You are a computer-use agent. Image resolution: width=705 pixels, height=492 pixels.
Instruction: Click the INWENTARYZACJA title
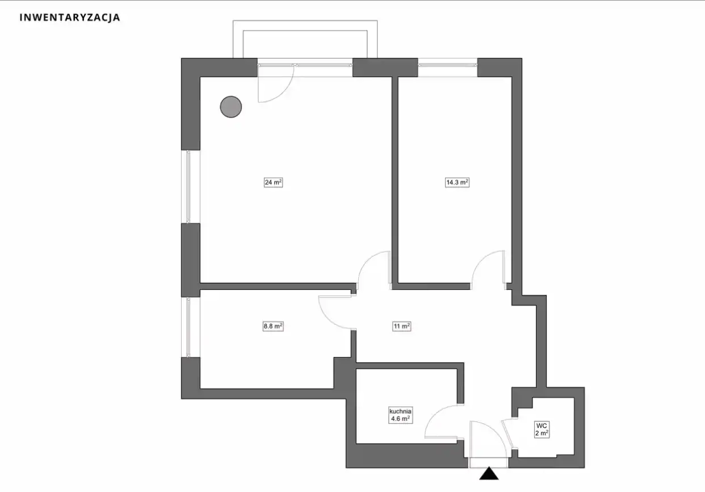click(70, 17)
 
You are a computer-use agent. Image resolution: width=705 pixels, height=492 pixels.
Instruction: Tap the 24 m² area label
click(273, 182)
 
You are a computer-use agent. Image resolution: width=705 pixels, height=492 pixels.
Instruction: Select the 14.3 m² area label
click(457, 182)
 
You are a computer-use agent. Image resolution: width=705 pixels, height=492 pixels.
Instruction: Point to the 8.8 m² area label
click(273, 326)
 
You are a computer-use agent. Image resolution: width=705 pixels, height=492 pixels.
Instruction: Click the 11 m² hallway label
click(401, 326)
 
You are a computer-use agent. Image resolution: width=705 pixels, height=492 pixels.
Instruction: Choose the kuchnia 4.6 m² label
click(400, 415)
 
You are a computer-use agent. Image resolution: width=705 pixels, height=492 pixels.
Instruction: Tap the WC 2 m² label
click(542, 430)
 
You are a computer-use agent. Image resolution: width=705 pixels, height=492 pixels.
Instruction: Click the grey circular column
click(231, 107)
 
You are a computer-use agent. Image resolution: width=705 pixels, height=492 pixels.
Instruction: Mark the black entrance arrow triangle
click(489, 473)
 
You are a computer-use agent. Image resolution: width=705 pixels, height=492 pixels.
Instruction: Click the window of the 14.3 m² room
click(447, 65)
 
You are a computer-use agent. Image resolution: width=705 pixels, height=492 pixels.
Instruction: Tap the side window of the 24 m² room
click(188, 187)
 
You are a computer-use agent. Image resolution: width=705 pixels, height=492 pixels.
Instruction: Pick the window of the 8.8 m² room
click(188, 327)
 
